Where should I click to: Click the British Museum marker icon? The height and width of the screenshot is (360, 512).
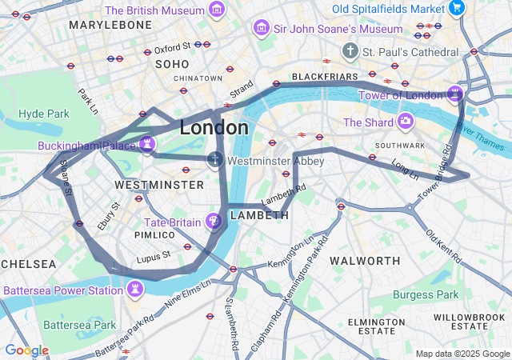216,10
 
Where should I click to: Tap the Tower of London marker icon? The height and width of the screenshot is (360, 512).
454,94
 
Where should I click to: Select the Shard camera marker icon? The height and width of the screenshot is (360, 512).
406,122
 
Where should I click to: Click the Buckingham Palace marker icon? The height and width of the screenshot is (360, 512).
146,145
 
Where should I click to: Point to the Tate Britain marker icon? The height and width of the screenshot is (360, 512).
214,220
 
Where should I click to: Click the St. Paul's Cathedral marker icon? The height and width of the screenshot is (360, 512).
350,51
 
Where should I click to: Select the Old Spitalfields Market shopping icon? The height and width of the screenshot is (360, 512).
456,8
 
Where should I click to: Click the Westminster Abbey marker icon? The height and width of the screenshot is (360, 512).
214,160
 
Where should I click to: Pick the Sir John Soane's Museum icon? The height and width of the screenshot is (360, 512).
260,28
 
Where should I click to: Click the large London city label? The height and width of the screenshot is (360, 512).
214,127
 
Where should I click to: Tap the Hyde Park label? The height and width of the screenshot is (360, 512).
43,114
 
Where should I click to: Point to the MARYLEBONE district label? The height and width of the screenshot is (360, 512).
110,26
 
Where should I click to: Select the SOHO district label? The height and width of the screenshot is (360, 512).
172,63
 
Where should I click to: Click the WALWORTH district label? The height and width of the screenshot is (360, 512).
365,261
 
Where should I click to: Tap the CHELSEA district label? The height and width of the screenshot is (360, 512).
28,263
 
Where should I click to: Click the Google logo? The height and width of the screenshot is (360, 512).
26,350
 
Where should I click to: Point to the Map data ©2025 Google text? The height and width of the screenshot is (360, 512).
462,354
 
